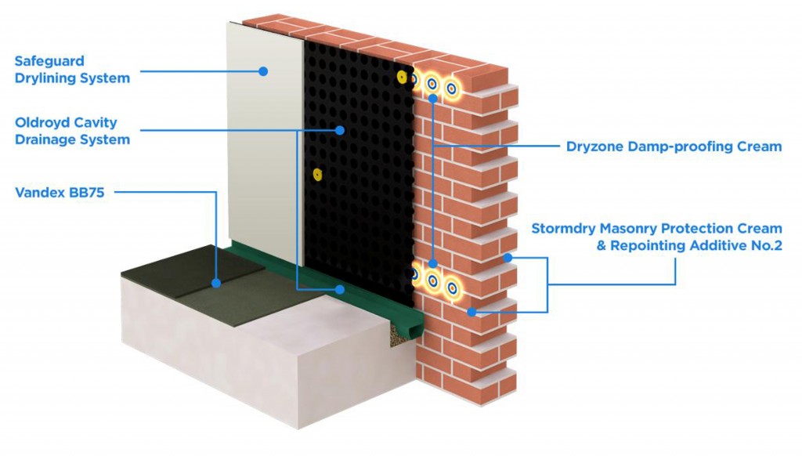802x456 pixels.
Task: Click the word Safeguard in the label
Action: (x=49, y=60)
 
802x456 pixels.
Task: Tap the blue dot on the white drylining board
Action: (x=264, y=71)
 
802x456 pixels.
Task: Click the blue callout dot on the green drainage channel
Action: (x=340, y=288)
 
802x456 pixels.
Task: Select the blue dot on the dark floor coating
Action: (x=215, y=280)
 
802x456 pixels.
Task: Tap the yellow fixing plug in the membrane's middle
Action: (x=316, y=173)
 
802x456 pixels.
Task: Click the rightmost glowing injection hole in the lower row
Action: (x=451, y=287)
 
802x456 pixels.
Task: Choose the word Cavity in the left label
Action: (x=97, y=122)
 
